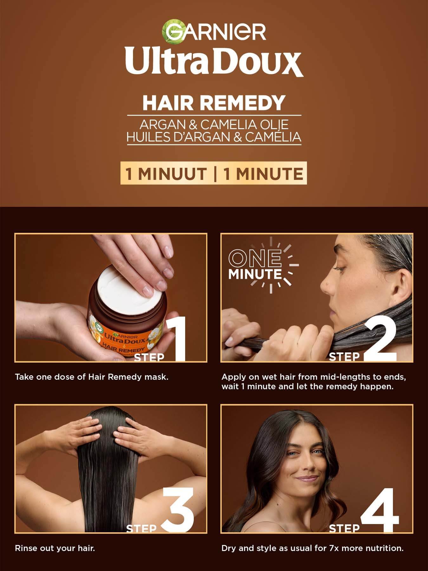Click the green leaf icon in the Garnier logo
171,30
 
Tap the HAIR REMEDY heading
214,102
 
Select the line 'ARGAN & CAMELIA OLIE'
214,124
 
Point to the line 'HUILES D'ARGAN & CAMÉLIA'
214,137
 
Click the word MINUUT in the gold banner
172,174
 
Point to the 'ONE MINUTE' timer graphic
260,265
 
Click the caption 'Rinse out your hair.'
55,548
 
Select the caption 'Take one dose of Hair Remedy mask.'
92,377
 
